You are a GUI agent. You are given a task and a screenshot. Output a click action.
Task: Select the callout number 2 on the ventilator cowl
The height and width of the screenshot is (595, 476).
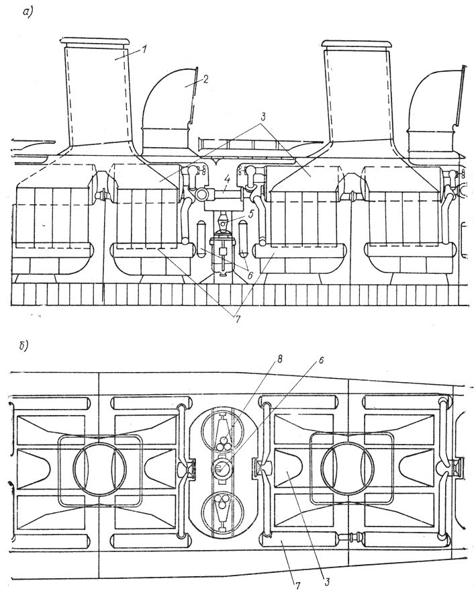205,79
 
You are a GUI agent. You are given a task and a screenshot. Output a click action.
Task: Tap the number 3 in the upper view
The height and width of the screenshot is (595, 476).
263,117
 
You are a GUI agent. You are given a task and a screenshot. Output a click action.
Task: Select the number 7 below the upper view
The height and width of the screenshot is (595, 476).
238,319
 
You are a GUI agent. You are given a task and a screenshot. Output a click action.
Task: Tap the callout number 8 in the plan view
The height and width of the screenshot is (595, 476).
280,359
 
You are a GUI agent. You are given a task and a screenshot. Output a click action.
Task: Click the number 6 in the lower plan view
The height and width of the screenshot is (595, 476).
320,359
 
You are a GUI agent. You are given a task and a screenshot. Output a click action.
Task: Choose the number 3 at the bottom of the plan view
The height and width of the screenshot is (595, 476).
326,582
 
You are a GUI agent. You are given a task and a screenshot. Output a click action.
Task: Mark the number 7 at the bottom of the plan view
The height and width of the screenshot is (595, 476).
297,586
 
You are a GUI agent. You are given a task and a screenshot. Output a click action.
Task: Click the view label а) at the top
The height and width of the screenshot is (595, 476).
28,12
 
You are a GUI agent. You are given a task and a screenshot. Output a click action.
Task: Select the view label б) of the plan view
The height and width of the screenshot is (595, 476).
25,347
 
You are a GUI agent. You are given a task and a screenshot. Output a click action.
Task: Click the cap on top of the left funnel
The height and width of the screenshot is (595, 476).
95,42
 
